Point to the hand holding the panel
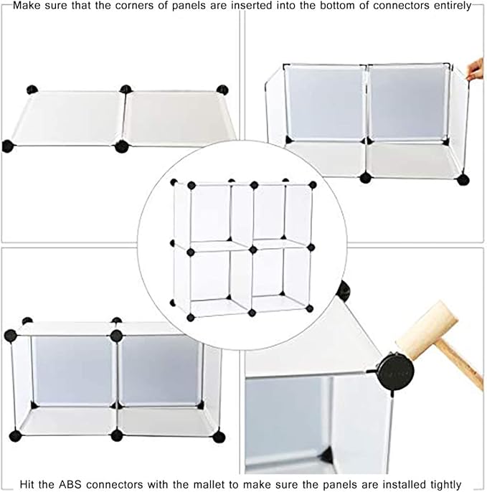pos(476,69)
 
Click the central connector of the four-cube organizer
pos(252,250)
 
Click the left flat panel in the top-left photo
pos(67,118)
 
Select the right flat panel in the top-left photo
pos(179,118)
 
